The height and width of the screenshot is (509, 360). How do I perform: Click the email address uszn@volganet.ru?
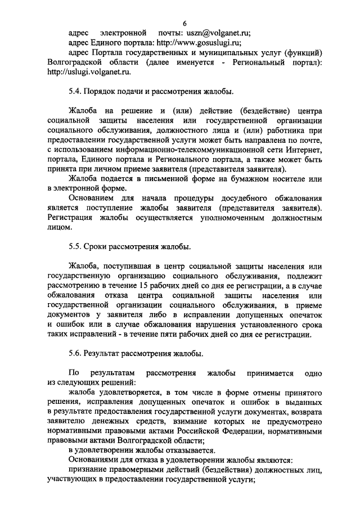click(x=218, y=32)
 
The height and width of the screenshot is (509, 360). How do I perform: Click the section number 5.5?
click(x=75, y=247)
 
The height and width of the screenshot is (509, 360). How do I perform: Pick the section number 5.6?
click(x=75, y=354)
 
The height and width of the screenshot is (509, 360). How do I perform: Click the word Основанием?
click(x=92, y=199)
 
